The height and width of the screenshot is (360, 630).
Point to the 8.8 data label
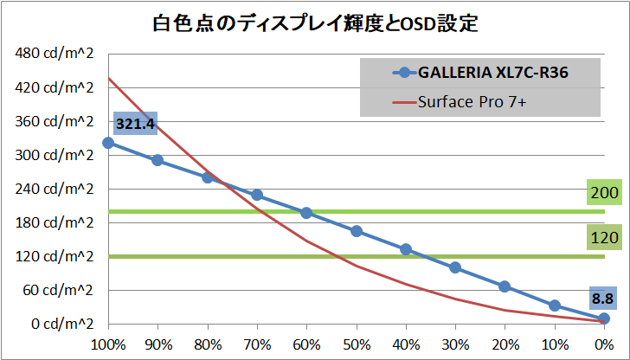click(602, 299)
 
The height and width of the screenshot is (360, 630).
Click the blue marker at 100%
click(108, 143)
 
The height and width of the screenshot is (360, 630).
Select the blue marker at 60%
click(306, 213)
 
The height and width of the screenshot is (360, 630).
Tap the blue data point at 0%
click(604, 318)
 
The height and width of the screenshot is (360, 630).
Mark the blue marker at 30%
click(455, 267)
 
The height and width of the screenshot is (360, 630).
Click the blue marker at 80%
click(208, 177)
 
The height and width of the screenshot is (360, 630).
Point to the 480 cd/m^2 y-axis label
click(55, 54)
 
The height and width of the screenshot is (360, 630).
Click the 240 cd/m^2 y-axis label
click(55, 189)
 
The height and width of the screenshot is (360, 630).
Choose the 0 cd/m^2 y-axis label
click(60, 324)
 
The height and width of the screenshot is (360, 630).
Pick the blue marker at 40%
click(406, 249)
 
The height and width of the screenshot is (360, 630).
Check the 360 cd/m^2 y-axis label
click(55, 121)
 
